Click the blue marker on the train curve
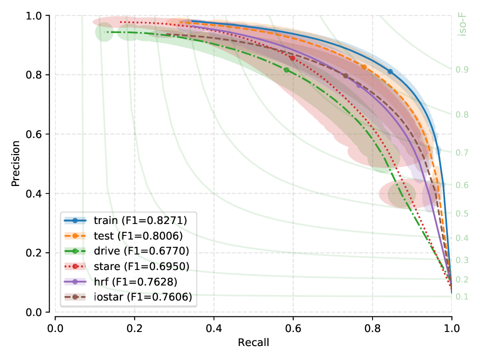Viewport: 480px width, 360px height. pyautogui.click(x=390, y=72)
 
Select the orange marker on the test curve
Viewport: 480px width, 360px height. pyautogui.click(x=364, y=67)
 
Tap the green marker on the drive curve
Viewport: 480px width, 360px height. pyautogui.click(x=286, y=70)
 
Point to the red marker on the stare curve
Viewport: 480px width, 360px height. pyautogui.click(x=292, y=58)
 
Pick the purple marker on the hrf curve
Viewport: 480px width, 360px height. pyautogui.click(x=358, y=85)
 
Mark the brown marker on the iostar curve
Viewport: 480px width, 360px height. pyautogui.click(x=345, y=76)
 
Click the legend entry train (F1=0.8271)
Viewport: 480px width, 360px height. pyautogui.click(x=127, y=220)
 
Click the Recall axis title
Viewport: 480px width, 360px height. pyautogui.click(x=253, y=343)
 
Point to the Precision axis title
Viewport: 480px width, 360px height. pyautogui.click(x=16, y=163)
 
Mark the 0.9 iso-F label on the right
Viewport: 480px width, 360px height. pyautogui.click(x=462, y=69)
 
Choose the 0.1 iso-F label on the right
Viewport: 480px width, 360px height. pyautogui.click(x=462, y=296)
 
